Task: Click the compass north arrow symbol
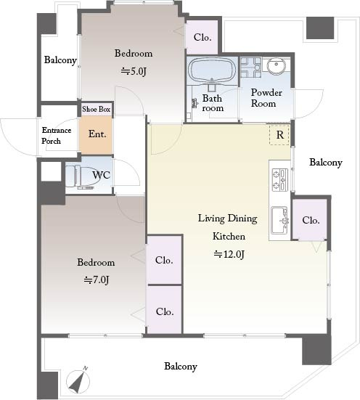pos(78,381)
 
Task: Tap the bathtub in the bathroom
pos(212,70)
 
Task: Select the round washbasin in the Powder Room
pos(276,66)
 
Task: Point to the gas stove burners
pos(280,179)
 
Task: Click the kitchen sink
pos(279,220)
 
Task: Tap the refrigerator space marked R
pos(279,135)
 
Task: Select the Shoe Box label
pos(97,109)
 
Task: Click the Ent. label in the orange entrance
pos(97,134)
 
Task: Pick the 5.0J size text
pos(134,71)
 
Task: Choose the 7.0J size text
pos(97,279)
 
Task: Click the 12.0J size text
pos(229,254)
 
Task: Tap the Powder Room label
pos(266,98)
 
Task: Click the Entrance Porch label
pos(56,135)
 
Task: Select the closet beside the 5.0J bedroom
pos(202,37)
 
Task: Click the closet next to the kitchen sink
pos(310,220)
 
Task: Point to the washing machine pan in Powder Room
pos(251,68)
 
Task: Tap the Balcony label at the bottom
pos(181,367)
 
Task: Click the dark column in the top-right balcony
pos(320,28)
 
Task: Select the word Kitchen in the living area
pos(229,236)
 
